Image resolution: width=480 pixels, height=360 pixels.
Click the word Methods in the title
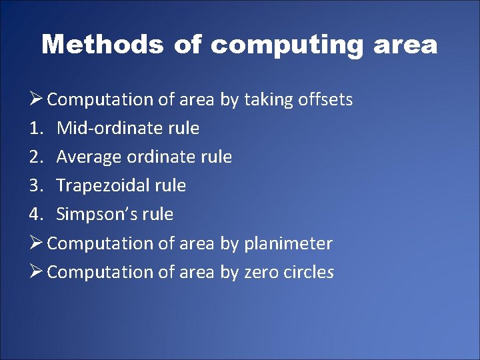103,45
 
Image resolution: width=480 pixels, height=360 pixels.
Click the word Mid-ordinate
110,128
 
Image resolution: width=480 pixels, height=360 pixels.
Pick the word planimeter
288,243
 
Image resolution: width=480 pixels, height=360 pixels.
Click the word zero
263,272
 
